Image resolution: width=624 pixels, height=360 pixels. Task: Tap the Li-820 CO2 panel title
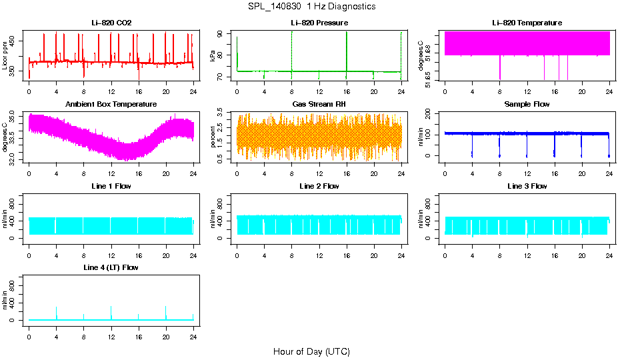point(111,23)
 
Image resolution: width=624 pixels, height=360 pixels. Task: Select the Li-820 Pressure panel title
point(319,23)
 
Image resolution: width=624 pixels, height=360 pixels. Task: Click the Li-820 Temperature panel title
point(527,23)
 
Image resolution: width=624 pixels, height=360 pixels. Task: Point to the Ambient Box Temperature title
point(111,105)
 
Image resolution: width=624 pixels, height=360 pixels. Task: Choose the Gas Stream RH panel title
point(319,105)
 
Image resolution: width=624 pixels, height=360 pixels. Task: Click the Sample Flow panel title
point(527,105)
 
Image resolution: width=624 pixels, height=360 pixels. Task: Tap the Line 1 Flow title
point(111,186)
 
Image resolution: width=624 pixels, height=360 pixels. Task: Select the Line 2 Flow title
point(319,186)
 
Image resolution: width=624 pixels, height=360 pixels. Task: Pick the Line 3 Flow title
point(527,186)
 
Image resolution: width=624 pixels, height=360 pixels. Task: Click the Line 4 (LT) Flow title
point(111,267)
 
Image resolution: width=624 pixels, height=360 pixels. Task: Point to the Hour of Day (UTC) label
point(311,351)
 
